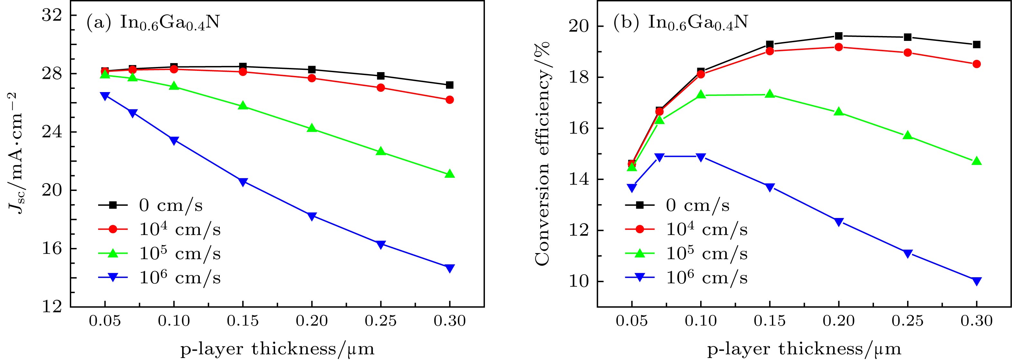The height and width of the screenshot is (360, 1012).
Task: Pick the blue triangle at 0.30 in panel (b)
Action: pyautogui.click(x=977, y=281)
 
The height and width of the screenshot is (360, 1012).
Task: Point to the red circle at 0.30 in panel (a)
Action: pyautogui.click(x=450, y=100)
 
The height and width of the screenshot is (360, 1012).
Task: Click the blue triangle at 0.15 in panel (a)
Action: pyautogui.click(x=243, y=182)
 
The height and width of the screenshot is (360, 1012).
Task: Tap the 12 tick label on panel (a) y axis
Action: pyautogui.click(x=53, y=307)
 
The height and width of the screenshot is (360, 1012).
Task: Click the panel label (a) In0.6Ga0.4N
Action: pyautogui.click(x=153, y=23)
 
